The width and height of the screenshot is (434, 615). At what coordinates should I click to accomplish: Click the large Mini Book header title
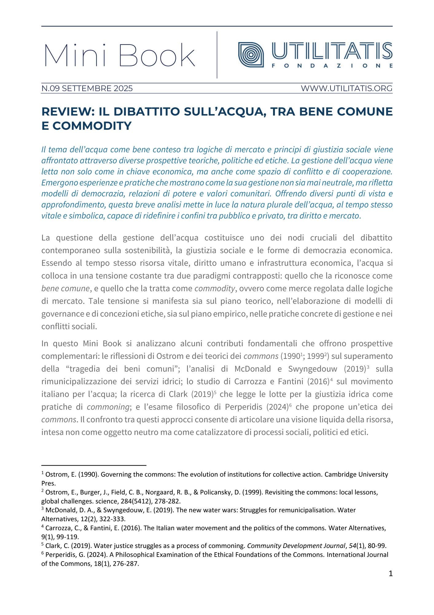120,55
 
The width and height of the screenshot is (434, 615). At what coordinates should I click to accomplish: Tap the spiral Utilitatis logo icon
251,55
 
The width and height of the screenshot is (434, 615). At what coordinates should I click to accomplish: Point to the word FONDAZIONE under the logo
332,66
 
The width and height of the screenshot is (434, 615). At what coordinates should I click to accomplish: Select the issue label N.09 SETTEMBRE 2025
87,89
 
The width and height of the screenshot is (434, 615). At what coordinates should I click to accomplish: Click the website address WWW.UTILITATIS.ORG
346,89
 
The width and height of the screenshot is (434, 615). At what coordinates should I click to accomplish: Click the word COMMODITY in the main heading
92,126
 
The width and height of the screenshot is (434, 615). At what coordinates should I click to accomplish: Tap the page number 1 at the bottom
390,573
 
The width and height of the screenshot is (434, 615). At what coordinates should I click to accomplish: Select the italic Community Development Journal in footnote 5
296,546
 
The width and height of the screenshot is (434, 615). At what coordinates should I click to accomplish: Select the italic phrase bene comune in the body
65,289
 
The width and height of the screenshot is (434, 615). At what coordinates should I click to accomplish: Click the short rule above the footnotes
94,466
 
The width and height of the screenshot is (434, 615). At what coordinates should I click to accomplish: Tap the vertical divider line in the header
217,55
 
